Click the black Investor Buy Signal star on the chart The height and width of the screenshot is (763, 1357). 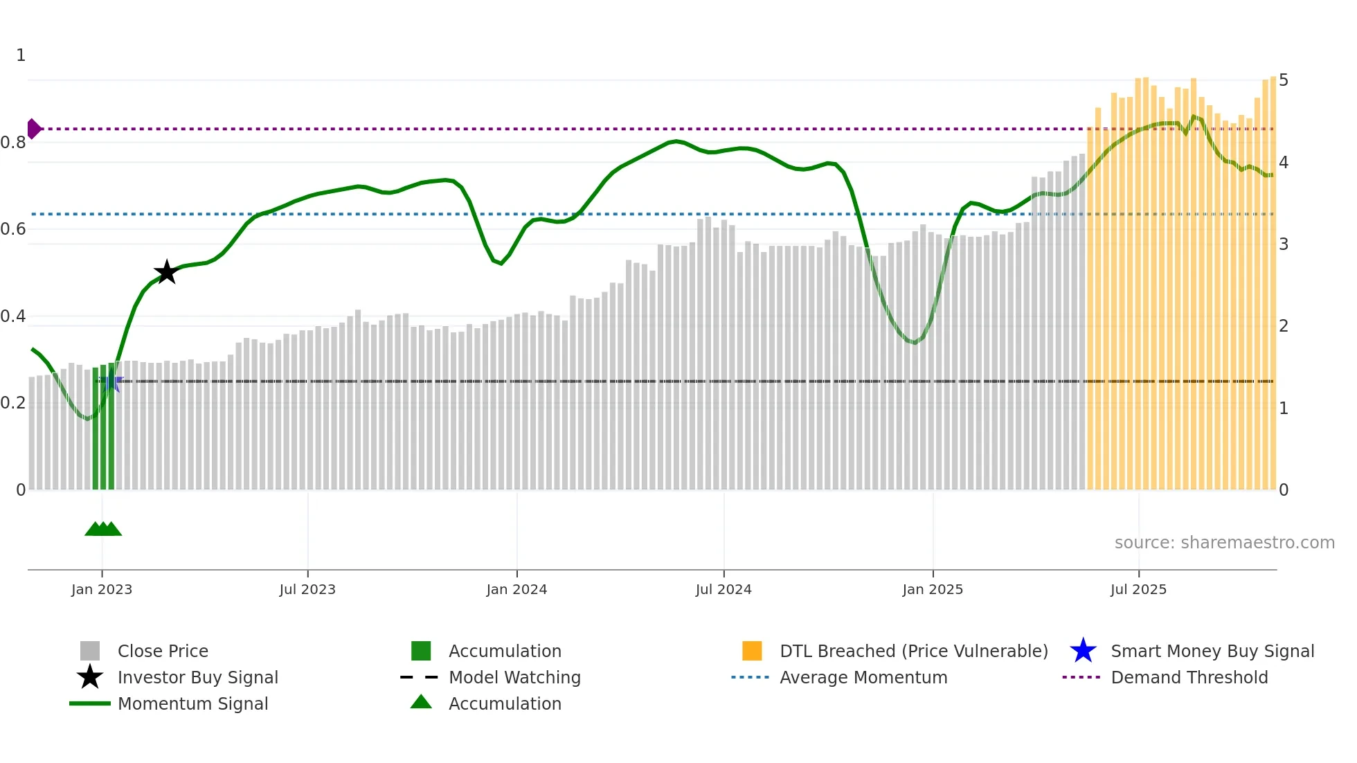pyautogui.click(x=166, y=272)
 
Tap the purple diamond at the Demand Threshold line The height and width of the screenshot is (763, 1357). pyautogui.click(x=33, y=129)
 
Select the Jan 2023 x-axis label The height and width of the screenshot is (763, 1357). pyautogui.click(x=102, y=589)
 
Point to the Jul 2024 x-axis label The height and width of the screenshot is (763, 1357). pyautogui.click(x=724, y=589)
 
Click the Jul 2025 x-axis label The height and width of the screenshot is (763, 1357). pyautogui.click(x=1138, y=589)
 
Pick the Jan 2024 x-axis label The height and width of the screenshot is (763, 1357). pyautogui.click(x=516, y=589)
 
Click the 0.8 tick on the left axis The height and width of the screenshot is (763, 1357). pyautogui.click(x=13, y=143)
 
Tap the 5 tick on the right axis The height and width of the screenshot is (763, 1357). pyautogui.click(x=1284, y=80)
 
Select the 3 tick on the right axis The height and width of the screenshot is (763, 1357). pyautogui.click(x=1284, y=244)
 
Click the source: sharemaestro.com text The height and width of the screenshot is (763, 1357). pyautogui.click(x=1224, y=543)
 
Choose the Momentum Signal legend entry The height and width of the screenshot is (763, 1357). pyautogui.click(x=192, y=703)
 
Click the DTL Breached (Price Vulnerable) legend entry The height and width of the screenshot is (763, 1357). pyautogui.click(x=913, y=651)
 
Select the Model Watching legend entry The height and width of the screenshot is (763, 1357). pyautogui.click(x=514, y=677)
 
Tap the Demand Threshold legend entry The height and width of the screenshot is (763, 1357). pyautogui.click(x=1189, y=677)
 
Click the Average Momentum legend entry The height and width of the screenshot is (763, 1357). pyautogui.click(x=863, y=677)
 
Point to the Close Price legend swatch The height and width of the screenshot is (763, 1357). pyautogui.click(x=90, y=651)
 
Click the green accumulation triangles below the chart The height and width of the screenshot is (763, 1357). pyautogui.click(x=103, y=529)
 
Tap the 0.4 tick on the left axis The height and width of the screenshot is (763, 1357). pyautogui.click(x=13, y=316)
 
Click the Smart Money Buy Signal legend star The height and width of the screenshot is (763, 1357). pyautogui.click(x=1083, y=651)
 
